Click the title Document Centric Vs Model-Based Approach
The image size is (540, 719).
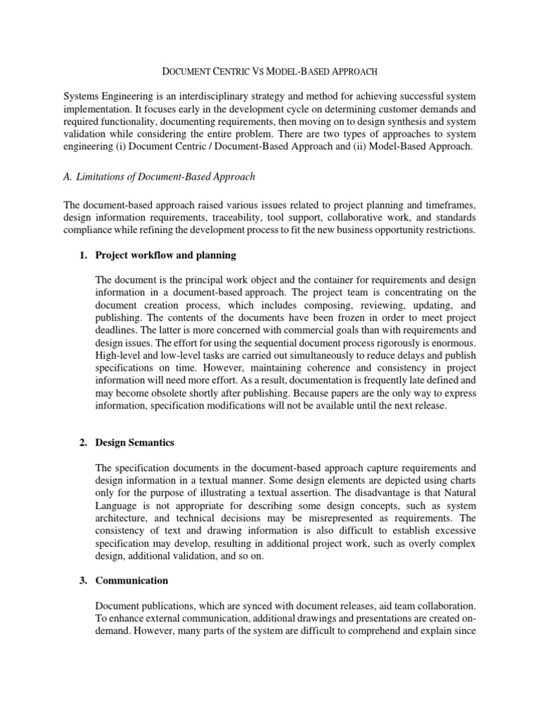[x=271, y=71]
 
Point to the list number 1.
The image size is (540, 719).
[x=82, y=254]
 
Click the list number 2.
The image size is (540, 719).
[x=82, y=443]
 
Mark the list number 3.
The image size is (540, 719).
[x=82, y=580]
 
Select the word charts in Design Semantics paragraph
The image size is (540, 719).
[x=461, y=480]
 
